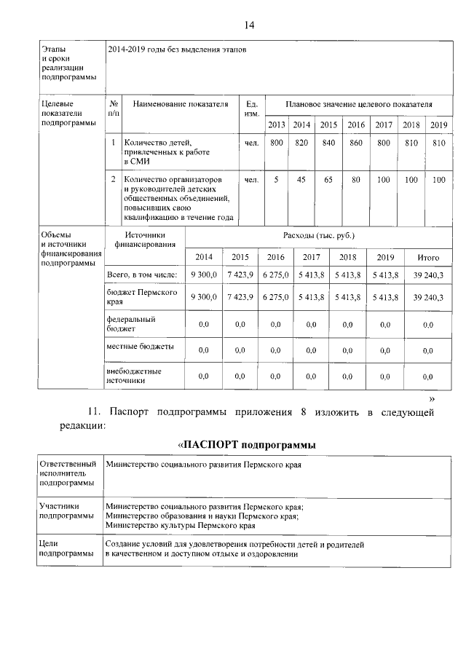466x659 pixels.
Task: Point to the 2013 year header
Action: click(277, 125)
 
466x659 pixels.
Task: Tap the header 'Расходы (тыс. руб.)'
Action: click(318, 236)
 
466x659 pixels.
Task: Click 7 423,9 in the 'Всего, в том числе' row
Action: click(240, 276)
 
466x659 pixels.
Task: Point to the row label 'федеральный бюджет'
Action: click(131, 323)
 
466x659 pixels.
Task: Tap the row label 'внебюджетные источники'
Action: click(134, 375)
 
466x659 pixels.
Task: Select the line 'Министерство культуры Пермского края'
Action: click(180, 524)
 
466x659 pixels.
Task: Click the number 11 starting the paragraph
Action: click(95, 413)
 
